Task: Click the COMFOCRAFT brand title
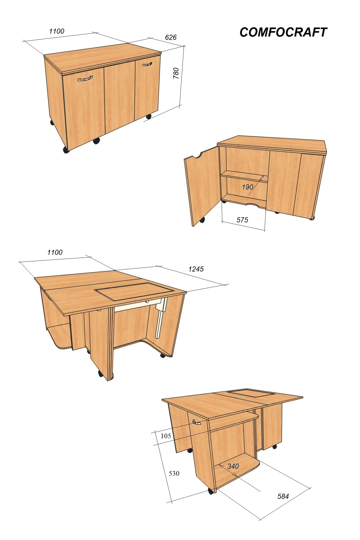point(283,32)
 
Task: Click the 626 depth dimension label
point(171,38)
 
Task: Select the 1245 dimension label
point(196,269)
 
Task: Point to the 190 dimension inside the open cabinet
point(248,187)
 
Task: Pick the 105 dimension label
point(166,436)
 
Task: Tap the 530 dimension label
point(174,473)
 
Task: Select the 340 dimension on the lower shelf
point(233,466)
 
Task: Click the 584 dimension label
point(283,496)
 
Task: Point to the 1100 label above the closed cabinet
point(57,31)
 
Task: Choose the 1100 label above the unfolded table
point(55,252)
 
